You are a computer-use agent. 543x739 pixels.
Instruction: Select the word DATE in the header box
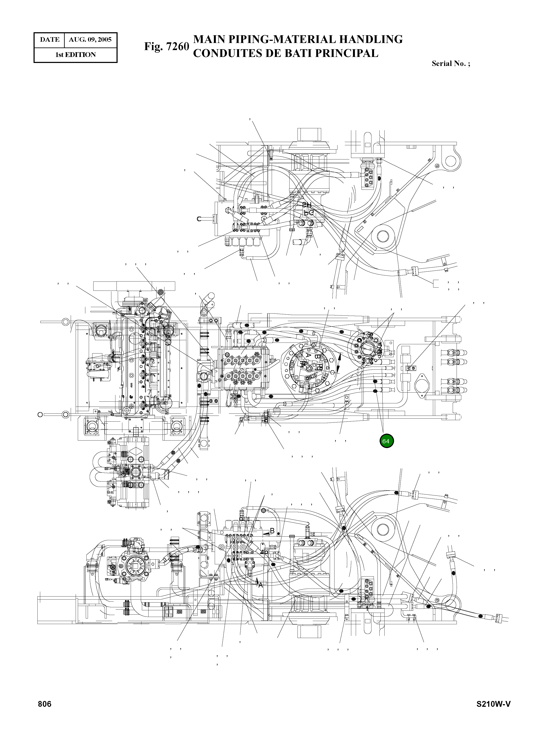coord(50,40)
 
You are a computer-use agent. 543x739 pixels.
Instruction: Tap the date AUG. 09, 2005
coord(90,40)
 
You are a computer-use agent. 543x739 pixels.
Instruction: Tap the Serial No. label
coord(450,64)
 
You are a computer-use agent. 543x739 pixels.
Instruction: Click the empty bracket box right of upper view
coord(436,284)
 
